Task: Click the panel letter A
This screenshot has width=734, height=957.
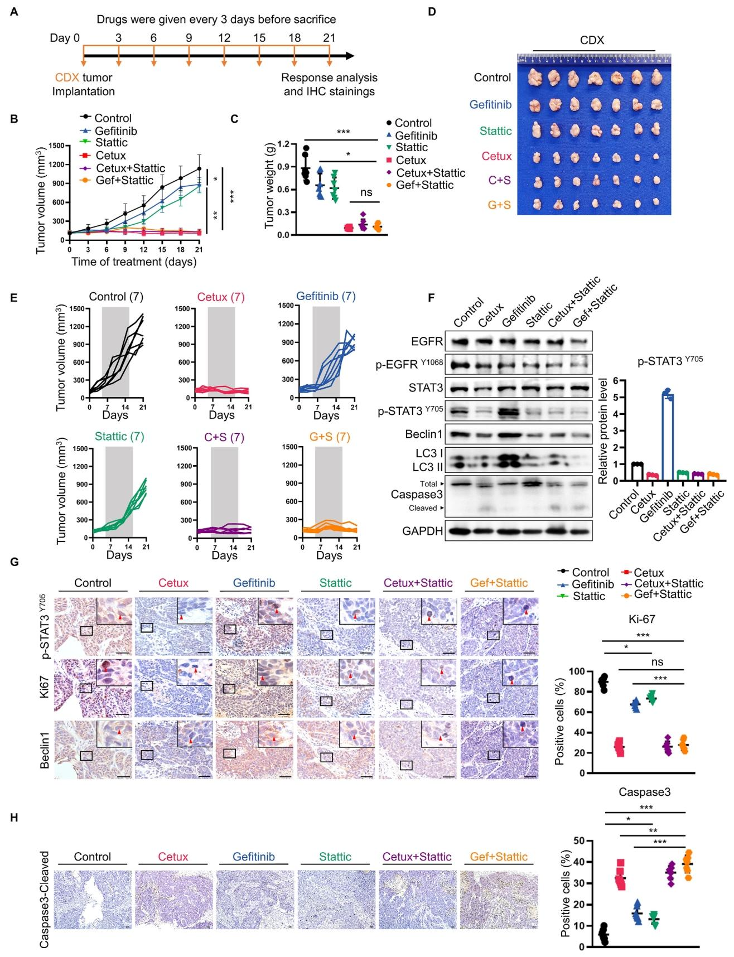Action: tap(14, 11)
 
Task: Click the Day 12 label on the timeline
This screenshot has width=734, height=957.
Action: tap(224, 37)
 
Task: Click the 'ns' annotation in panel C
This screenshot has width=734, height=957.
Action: tap(366, 192)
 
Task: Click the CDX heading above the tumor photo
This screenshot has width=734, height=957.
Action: tap(592, 40)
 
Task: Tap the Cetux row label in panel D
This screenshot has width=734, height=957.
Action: tap(496, 156)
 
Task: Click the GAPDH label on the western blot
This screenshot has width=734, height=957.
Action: tap(422, 531)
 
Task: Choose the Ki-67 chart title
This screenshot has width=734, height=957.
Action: tap(641, 618)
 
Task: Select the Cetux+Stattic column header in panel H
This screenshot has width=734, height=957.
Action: tap(417, 856)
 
